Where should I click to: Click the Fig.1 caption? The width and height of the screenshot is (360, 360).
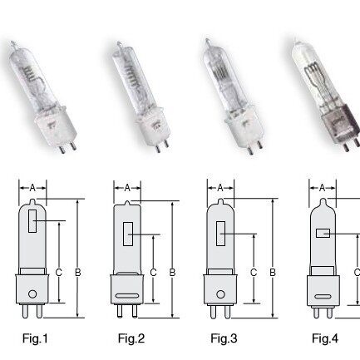35,338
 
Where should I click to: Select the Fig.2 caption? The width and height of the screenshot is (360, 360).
131,338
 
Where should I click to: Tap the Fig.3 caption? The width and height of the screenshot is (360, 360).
224,338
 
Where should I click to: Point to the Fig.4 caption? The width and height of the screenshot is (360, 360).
325,338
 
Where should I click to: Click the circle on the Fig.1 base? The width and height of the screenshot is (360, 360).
32,293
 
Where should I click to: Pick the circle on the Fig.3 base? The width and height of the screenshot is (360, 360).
220,294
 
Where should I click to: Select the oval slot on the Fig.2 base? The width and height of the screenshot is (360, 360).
127,296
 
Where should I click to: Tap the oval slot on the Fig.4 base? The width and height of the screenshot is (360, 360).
323,296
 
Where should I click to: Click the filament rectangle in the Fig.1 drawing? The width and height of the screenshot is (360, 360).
32,221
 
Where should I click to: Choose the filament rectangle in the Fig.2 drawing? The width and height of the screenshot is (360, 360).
128,234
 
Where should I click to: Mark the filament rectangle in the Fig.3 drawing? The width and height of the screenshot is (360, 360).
220,234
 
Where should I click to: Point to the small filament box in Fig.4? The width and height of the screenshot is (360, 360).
323,233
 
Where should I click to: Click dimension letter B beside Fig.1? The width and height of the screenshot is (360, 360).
78,273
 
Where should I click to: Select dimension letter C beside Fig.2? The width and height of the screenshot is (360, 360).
153,273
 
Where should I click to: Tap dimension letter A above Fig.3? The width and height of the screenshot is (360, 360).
220,188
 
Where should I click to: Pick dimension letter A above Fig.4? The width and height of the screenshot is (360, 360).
322,188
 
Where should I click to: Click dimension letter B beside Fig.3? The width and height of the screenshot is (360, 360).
273,273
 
